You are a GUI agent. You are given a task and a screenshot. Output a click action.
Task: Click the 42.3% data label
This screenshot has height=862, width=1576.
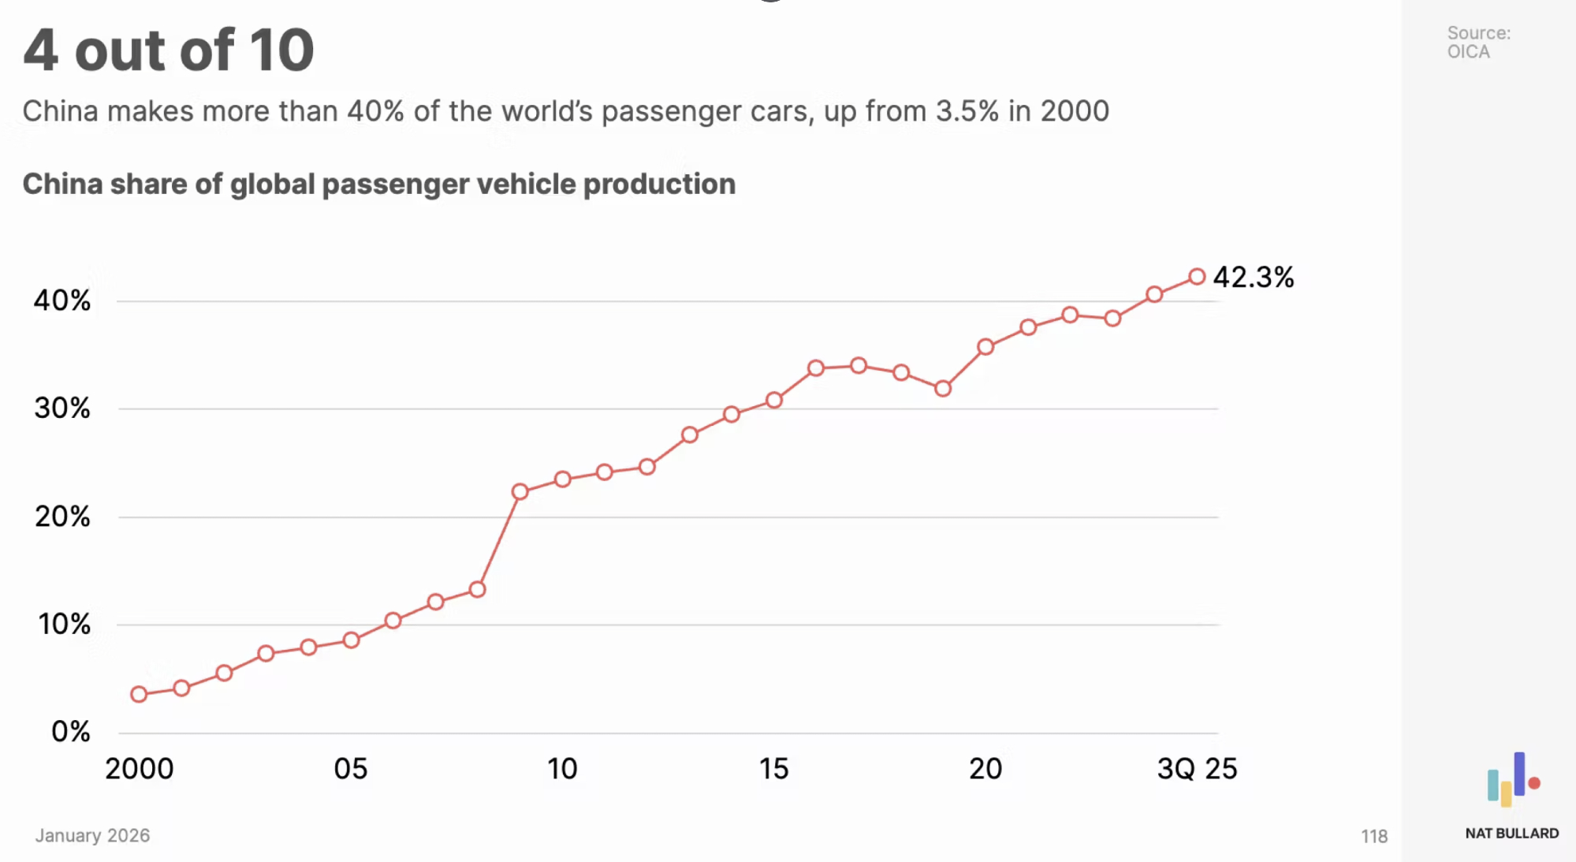1253,278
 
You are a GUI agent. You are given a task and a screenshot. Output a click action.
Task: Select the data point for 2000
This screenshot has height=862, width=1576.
139,694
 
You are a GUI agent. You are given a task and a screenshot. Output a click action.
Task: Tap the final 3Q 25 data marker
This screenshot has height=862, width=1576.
1197,277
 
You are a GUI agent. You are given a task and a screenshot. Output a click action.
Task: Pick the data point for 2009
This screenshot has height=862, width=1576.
520,492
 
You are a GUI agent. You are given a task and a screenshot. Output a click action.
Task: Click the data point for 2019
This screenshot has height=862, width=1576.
943,389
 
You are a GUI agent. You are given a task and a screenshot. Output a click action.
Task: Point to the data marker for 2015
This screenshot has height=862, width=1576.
774,401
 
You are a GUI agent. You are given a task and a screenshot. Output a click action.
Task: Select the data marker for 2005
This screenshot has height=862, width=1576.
352,640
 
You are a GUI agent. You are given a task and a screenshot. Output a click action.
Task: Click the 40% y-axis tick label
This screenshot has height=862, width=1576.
61,300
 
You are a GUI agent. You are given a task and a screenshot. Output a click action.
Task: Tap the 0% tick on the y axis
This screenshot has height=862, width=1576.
70,732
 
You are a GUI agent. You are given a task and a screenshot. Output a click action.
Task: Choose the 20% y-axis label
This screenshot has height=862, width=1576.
62,517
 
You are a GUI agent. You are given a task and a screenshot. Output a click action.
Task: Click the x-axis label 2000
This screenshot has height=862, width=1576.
140,769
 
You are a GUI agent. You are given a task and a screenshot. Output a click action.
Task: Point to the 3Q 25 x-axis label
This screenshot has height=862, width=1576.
1197,769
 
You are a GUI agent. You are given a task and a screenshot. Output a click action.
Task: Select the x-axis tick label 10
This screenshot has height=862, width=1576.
562,769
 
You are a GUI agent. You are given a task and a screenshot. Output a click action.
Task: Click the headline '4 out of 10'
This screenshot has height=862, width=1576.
169,50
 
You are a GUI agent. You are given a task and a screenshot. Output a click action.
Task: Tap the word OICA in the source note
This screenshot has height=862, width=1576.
1468,52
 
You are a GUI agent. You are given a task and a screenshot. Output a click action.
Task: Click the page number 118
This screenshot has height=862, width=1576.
1373,836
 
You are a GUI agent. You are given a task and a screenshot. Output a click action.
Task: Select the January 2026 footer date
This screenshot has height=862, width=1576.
92,835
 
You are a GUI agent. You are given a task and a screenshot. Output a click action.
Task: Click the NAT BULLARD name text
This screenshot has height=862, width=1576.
1511,834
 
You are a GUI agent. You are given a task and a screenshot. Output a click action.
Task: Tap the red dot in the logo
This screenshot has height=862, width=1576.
1534,783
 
